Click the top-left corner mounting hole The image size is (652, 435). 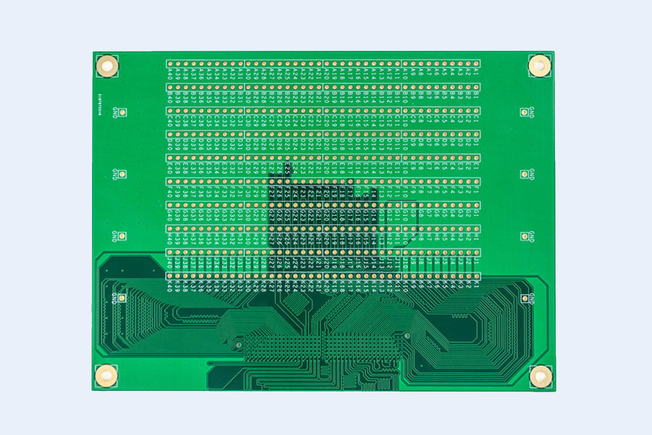click(106, 66)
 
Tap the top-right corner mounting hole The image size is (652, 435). click(539, 65)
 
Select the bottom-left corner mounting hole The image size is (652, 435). click(106, 375)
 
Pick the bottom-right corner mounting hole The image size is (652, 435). click(539, 376)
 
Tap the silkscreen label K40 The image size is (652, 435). click(170, 286)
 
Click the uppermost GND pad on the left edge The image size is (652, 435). click(123, 112)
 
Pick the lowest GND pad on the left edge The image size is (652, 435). click(122, 298)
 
